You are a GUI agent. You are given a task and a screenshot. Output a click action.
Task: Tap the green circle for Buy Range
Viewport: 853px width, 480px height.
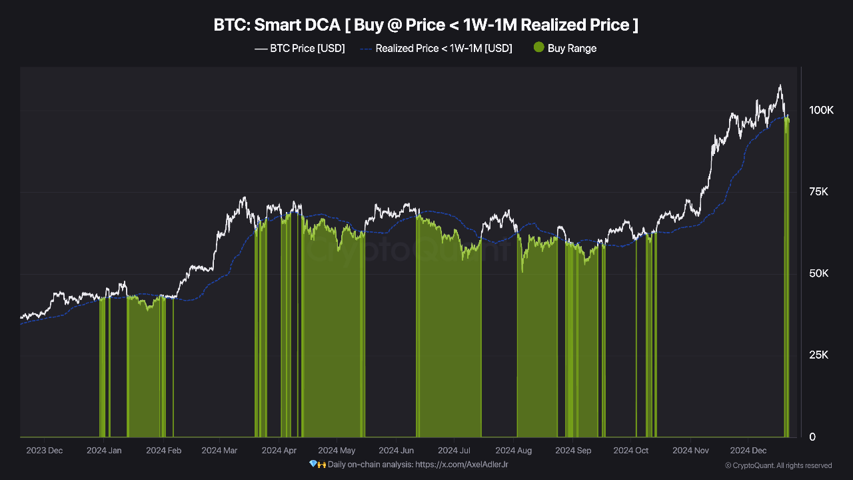[538, 47]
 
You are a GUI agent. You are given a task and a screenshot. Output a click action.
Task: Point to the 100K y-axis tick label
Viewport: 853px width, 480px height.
[821, 110]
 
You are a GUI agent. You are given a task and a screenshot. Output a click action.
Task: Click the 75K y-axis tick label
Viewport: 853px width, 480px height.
[818, 192]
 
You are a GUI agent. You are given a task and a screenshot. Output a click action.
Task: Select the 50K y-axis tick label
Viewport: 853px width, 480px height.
[818, 273]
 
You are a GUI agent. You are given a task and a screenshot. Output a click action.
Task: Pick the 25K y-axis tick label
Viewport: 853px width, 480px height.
[818, 355]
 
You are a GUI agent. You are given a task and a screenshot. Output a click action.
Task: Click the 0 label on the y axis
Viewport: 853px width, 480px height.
[811, 437]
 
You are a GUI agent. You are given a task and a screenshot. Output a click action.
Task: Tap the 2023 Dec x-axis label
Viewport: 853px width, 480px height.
[44, 451]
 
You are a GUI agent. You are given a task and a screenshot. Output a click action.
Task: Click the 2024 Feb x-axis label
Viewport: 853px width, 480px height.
[163, 451]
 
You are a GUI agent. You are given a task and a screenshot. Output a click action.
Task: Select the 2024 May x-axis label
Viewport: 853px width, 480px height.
[337, 451]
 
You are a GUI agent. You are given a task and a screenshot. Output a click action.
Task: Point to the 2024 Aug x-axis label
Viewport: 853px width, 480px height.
[514, 451]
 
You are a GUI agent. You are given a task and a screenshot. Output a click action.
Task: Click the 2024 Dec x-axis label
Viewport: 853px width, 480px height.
[748, 451]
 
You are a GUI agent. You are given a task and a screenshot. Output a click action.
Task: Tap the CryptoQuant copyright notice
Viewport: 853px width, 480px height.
[778, 465]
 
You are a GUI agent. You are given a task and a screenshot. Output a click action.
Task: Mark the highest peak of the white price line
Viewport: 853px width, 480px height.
[779, 85]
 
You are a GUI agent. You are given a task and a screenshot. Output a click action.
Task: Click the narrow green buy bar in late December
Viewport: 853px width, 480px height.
[787, 280]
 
